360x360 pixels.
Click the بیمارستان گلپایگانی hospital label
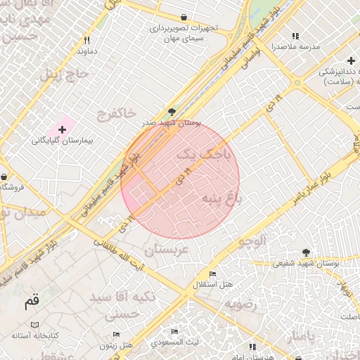tap(67, 140)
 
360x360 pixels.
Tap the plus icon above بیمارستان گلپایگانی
tap(63, 129)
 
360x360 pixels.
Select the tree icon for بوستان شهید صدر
tap(172, 112)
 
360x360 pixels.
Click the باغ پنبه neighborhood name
tap(222, 199)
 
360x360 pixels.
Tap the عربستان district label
tap(167, 250)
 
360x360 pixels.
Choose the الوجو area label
tap(252, 241)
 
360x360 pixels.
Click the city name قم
tap(32, 302)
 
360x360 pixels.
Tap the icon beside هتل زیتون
tap(117, 335)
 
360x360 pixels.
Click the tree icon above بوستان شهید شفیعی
tap(305, 252)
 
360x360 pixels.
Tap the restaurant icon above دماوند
tap(87, 41)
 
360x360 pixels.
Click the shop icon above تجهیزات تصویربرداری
tap(184, 18)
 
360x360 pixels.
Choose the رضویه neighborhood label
tap(241, 304)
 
